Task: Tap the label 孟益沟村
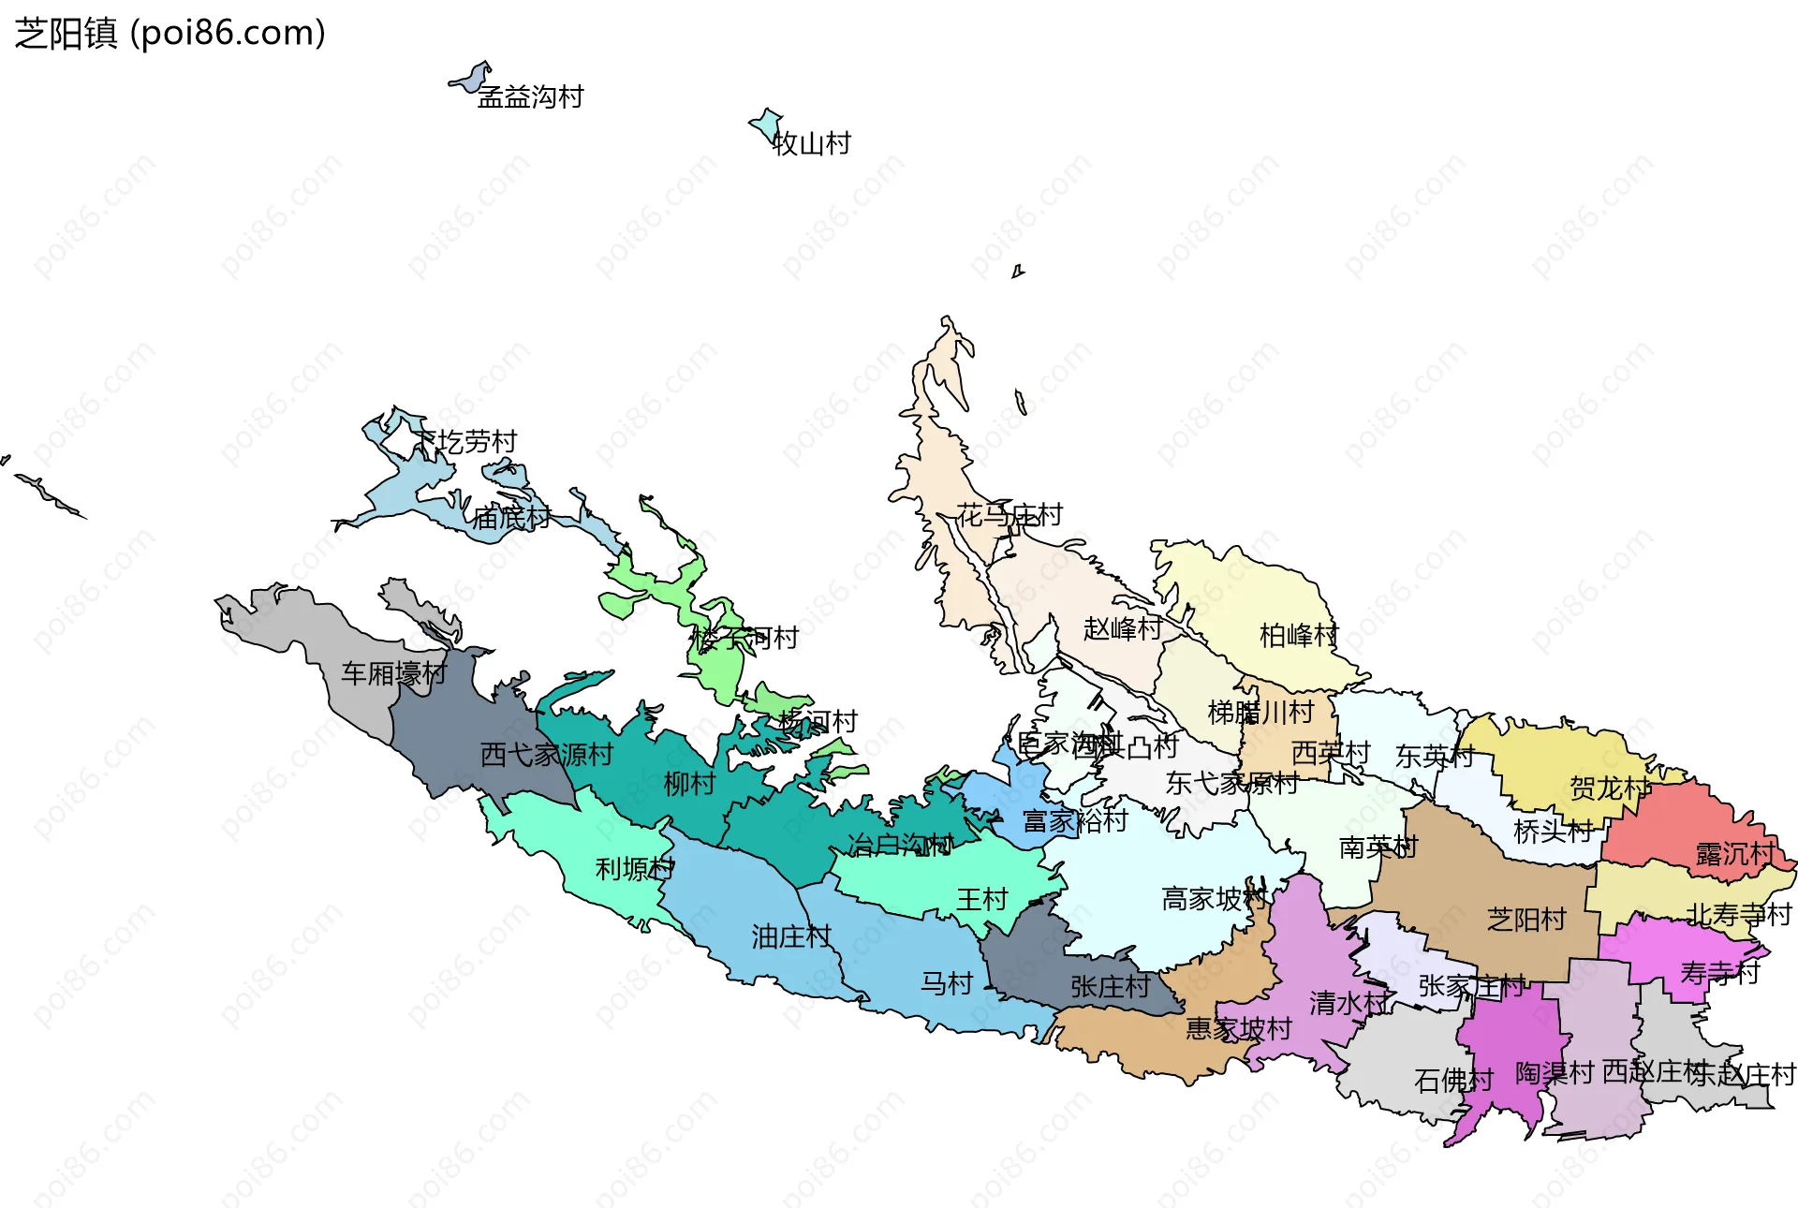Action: [x=530, y=96]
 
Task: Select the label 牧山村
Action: [x=811, y=143]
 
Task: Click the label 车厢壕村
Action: [x=393, y=673]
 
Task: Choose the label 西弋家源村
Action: [x=546, y=755]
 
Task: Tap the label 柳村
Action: [x=689, y=784]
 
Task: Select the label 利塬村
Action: [x=635, y=869]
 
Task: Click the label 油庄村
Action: [x=791, y=936]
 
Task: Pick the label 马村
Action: [x=947, y=983]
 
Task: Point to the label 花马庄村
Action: [x=1010, y=515]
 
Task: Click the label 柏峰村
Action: [x=1299, y=636]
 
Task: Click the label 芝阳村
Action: [x=1526, y=920]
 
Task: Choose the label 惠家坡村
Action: [x=1239, y=1028]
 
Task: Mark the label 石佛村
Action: [x=1453, y=1081]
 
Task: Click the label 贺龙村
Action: [x=1610, y=788]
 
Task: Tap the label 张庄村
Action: [x=1110, y=987]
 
